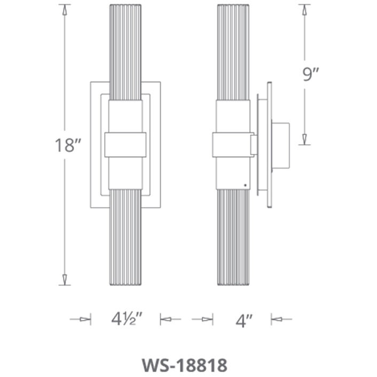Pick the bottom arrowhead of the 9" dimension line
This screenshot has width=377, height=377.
tap(304, 139)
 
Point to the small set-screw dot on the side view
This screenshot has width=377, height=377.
tap(245, 185)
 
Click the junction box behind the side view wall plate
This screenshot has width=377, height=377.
tap(281, 145)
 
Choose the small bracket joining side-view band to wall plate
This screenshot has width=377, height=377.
tap(254, 144)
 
